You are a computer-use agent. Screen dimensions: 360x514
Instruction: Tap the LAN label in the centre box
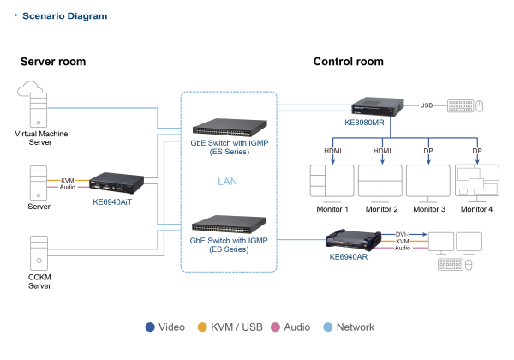point(228,182)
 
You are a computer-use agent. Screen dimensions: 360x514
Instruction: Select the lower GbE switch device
point(228,225)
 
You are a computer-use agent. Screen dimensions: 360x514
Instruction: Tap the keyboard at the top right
point(460,106)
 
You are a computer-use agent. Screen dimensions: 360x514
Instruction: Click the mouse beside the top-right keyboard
point(481,106)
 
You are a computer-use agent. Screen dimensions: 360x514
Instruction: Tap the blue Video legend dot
point(150,327)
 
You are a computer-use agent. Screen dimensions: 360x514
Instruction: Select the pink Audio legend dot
point(276,327)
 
